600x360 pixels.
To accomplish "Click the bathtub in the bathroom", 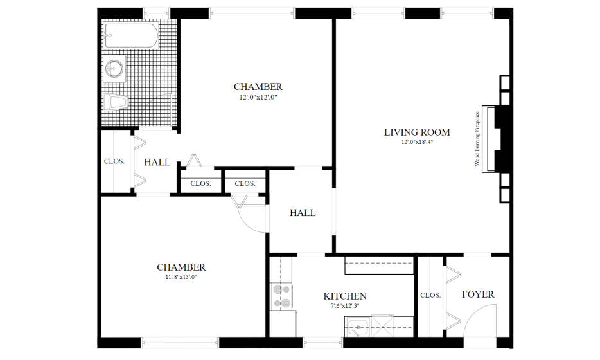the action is (131, 35).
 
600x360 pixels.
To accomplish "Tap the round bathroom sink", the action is (114, 69).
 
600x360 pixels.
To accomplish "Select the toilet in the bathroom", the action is (116, 102).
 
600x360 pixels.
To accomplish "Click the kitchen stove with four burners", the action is (281, 297).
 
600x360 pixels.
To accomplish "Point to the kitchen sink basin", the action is (358, 327).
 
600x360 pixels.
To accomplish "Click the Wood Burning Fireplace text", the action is (477, 139).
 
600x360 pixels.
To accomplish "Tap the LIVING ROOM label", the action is (417, 132).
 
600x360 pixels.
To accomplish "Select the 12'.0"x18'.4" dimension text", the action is (417, 142).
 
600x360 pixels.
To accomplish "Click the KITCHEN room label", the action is (345, 296).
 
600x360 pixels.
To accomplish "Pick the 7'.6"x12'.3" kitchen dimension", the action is (345, 306).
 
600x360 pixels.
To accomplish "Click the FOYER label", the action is (478, 294).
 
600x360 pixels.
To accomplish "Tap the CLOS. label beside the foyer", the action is (430, 295).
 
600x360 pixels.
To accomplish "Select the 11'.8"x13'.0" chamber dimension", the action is (181, 277).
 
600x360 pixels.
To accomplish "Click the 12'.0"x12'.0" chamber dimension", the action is (258, 97).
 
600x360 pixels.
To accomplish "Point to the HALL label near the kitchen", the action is (303, 213).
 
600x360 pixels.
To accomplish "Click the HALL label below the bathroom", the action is (157, 163).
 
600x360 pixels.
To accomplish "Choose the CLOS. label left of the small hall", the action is (114, 161).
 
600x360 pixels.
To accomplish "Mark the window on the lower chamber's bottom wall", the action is (180, 343).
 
